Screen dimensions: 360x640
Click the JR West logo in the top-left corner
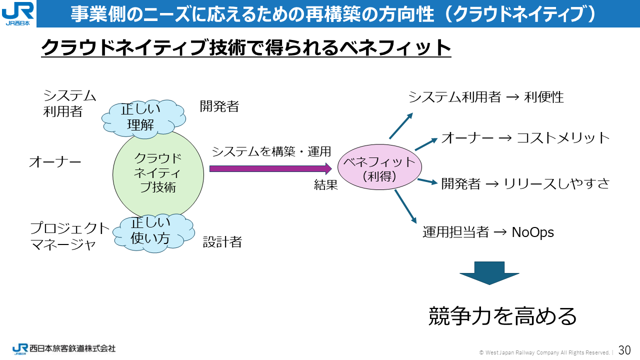(18, 13)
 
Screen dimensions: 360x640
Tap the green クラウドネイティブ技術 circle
(158, 173)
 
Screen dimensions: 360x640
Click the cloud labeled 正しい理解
(142, 118)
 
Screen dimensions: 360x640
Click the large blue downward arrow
(489, 273)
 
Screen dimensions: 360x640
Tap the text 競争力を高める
(502, 315)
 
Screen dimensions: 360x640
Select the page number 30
(624, 349)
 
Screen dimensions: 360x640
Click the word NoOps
(533, 232)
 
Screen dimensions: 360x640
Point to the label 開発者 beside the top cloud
(219, 106)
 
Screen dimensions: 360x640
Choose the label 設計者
(222, 242)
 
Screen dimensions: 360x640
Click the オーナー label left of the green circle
(55, 162)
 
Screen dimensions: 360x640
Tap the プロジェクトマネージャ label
(69, 236)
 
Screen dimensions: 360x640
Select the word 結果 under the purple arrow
(326, 185)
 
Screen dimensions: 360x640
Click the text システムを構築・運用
(271, 151)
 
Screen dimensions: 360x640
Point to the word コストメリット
(563, 138)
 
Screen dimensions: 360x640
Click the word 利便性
(544, 97)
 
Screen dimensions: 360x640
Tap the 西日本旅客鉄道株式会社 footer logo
(64, 348)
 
